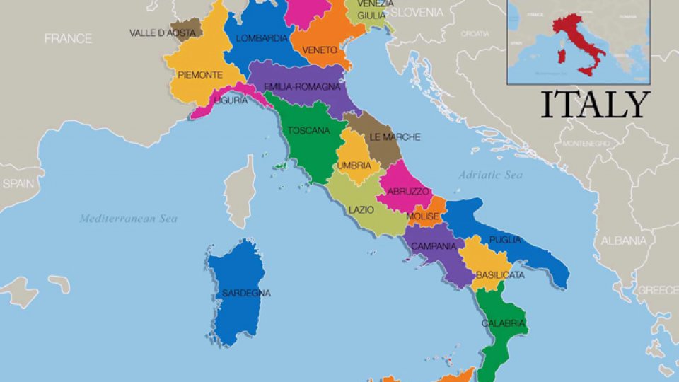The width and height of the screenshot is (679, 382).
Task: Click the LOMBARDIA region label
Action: click(x=262, y=38)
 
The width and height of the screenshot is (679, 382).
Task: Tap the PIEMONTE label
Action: click(x=200, y=75)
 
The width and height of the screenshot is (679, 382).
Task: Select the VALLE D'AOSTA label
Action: click(x=162, y=33)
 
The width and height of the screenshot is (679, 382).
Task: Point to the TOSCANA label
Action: click(x=308, y=131)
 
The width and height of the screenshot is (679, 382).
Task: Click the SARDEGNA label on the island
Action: click(x=246, y=293)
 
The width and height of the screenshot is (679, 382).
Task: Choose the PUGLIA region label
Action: click(x=504, y=240)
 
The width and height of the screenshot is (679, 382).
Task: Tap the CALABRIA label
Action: click(x=503, y=323)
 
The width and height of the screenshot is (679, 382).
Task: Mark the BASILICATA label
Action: click(x=500, y=274)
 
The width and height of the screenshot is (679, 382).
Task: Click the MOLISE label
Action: click(x=423, y=216)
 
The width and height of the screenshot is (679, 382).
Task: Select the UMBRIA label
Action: click(x=354, y=166)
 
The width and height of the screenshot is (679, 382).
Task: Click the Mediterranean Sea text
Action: click(x=128, y=219)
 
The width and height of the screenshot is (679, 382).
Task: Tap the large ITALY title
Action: click(x=595, y=105)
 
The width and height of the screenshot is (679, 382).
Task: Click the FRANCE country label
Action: click(x=68, y=39)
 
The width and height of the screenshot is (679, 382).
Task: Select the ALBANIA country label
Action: click(x=623, y=241)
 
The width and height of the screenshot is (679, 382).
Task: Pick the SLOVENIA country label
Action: click(x=417, y=13)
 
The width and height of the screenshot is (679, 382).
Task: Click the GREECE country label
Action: click(x=658, y=290)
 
